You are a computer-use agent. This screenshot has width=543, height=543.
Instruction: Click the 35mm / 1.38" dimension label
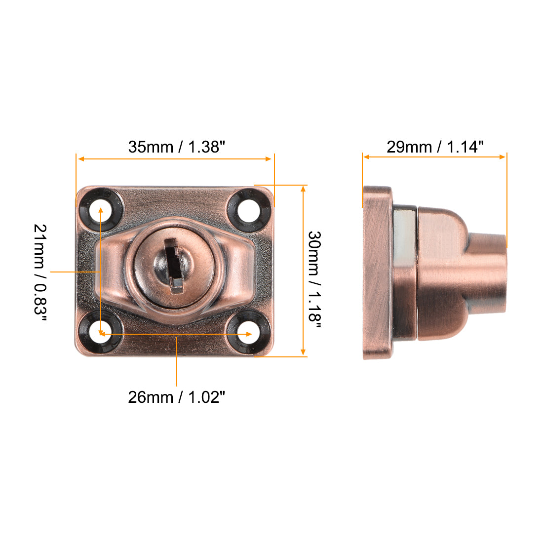(x=177, y=147)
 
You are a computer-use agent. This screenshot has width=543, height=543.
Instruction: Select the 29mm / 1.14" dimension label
(x=435, y=147)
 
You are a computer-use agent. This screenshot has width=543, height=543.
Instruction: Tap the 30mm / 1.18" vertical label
(x=314, y=276)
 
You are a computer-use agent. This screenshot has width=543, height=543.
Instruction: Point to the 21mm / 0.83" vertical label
(x=40, y=272)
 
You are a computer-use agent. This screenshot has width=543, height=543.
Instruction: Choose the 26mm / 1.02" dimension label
(x=177, y=397)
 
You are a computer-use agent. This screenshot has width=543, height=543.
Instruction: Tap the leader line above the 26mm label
(x=177, y=360)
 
